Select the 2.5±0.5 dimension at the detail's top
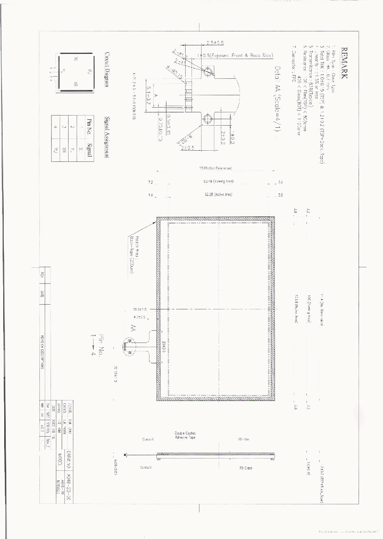click(215, 43)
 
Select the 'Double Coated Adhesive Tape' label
click(185, 435)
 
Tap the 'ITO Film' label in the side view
click(243, 439)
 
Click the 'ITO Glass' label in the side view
click(243, 467)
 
